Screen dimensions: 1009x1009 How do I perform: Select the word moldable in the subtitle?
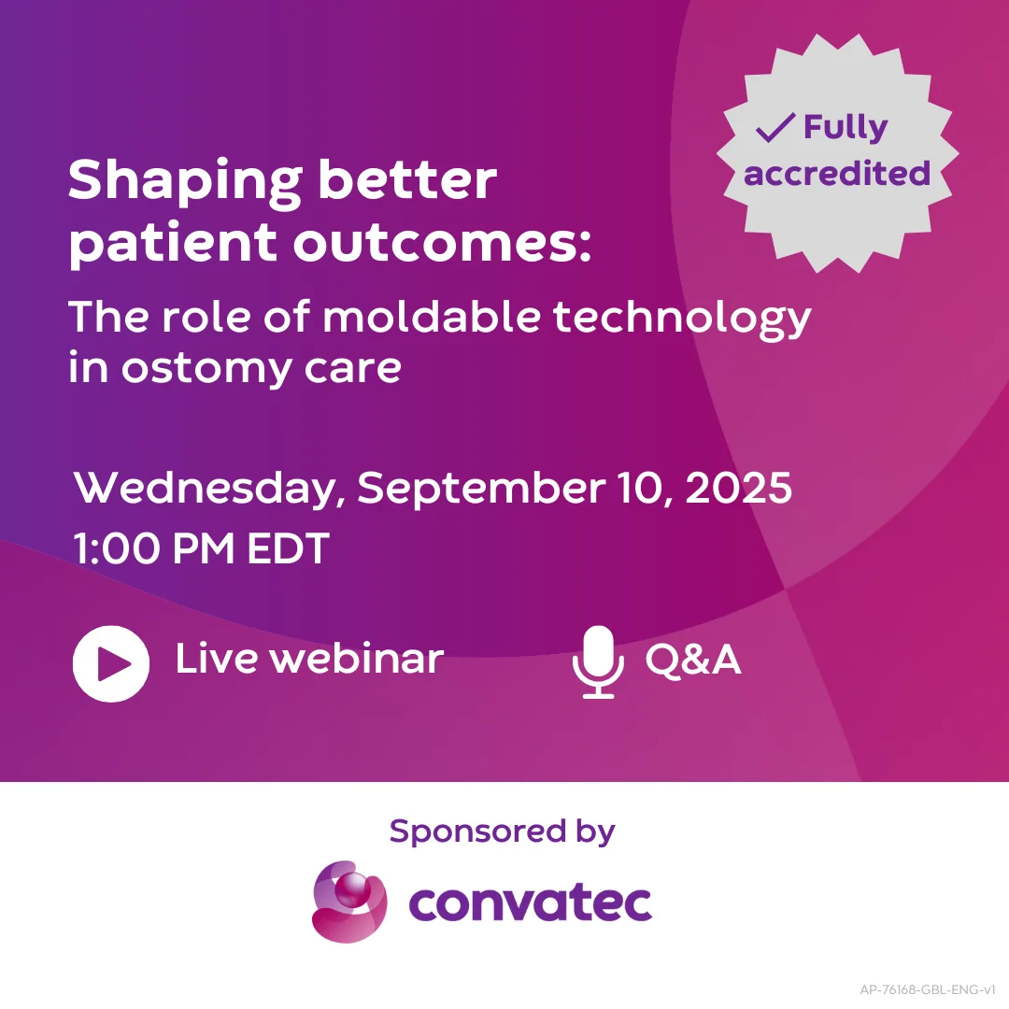431,318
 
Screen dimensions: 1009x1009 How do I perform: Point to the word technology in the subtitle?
682,320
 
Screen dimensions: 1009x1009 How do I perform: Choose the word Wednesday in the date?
210,490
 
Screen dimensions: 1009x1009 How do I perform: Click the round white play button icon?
111,663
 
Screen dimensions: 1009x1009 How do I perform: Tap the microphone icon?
597,661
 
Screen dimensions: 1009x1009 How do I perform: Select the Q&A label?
693,661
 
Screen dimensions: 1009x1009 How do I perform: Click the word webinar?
356,660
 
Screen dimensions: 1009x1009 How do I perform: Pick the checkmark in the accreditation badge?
775,128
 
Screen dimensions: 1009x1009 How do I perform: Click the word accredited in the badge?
837,173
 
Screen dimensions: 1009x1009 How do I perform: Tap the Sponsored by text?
502,831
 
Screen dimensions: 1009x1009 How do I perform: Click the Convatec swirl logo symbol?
348,901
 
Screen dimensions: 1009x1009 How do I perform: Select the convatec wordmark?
530,902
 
